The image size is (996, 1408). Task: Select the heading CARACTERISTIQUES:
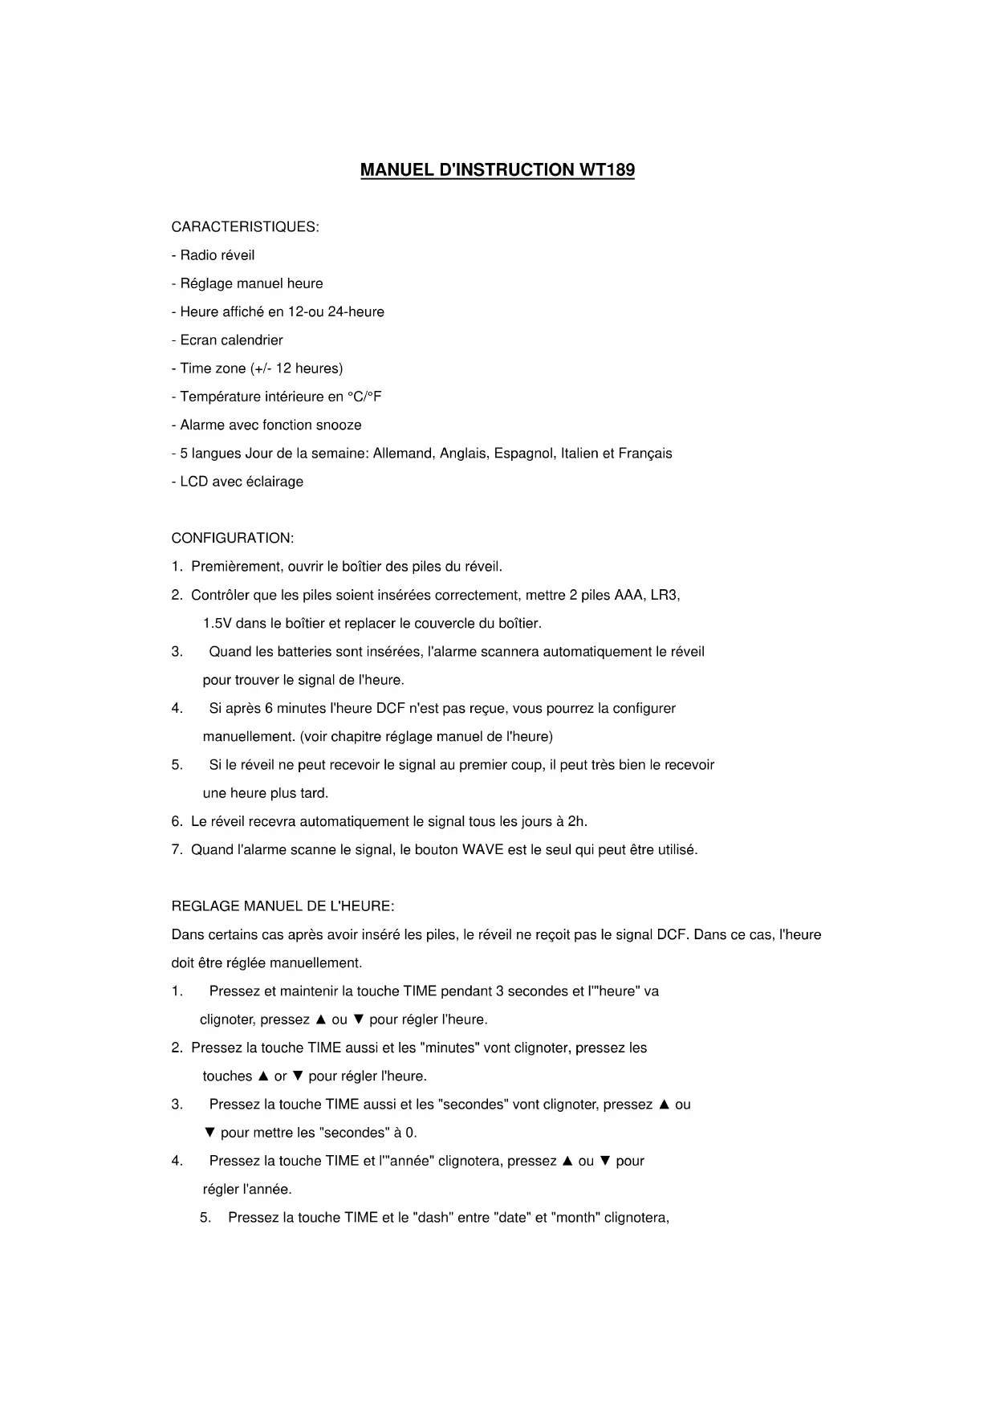click(245, 227)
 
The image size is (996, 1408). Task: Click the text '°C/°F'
click(364, 397)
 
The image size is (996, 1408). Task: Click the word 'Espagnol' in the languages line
click(523, 454)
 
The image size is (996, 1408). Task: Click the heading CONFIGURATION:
click(232, 539)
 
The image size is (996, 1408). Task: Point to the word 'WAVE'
click(482, 850)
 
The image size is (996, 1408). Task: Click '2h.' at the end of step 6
click(577, 822)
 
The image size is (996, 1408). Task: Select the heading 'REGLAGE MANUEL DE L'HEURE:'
click(283, 907)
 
